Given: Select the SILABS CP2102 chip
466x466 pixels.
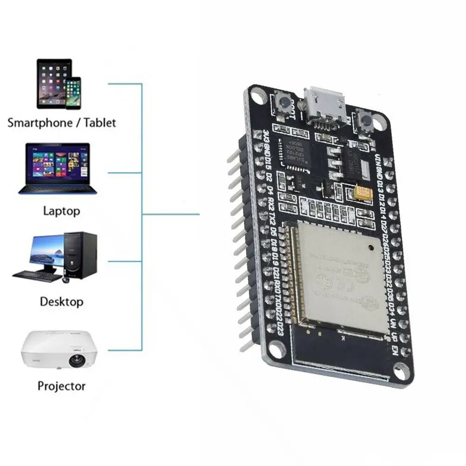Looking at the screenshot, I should pos(295,152).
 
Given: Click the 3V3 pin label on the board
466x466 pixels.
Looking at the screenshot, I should pos(257,138).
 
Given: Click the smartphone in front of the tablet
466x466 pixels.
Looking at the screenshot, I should pos(73,94).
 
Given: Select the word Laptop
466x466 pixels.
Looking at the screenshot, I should pos(61,211).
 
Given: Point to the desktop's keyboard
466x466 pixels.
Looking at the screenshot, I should pos(37,275).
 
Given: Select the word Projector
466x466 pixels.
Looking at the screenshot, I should pos(61,386).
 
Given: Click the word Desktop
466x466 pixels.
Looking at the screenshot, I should pos(61,301).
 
